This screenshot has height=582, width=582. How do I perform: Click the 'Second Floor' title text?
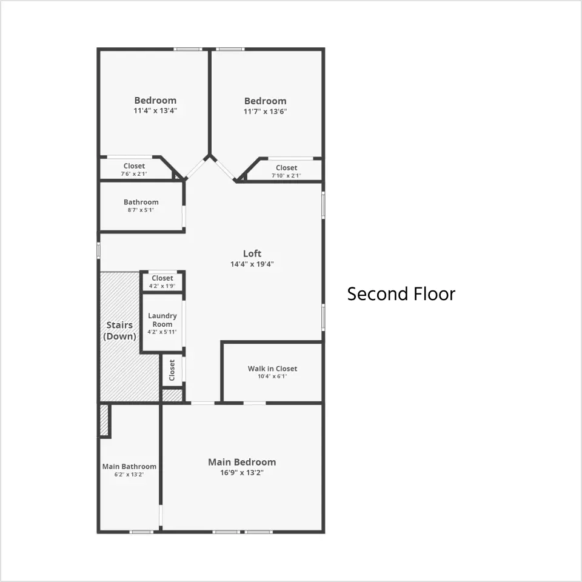click(x=401, y=294)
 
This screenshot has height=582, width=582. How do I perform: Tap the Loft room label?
click(x=252, y=253)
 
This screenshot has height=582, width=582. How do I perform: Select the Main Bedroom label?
click(x=242, y=462)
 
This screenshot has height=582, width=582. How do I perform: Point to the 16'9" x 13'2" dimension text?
click(x=242, y=472)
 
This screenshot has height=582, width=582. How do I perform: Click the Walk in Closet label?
click(x=272, y=369)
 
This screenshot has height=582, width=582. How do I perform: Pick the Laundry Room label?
click(x=162, y=319)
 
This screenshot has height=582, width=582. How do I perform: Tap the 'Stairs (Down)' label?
click(x=119, y=330)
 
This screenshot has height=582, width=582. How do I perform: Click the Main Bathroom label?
click(x=129, y=467)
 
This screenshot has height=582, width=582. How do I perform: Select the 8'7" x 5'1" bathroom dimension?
click(x=141, y=210)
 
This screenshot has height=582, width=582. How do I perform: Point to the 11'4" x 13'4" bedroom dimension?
click(x=155, y=110)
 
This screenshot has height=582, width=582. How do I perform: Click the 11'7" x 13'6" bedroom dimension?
click(x=265, y=112)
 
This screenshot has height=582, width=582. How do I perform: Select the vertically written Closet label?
click(x=172, y=370)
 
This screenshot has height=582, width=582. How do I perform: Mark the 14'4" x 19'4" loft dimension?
click(x=252, y=264)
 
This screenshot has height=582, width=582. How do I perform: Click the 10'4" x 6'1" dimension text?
click(x=272, y=376)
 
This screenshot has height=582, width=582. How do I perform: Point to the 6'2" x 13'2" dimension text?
click(x=129, y=474)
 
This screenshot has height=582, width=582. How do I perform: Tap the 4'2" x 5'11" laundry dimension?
click(x=162, y=332)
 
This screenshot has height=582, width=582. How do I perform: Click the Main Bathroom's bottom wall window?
click(x=141, y=532)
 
